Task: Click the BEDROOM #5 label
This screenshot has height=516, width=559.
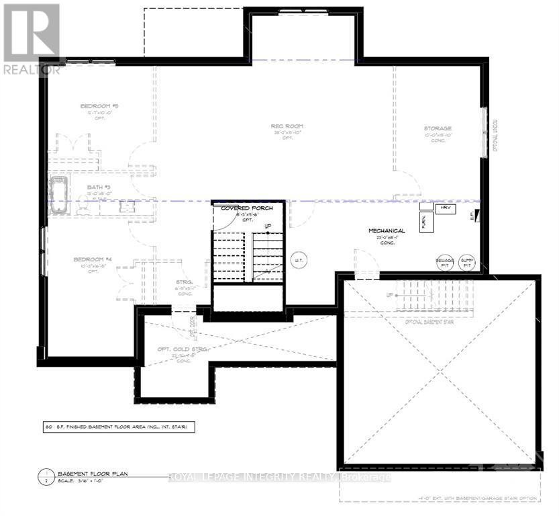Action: [x=99, y=106]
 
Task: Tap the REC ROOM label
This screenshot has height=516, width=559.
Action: [x=287, y=126]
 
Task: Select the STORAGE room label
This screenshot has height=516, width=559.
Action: [x=437, y=128]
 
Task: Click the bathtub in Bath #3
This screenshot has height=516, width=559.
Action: [x=59, y=196]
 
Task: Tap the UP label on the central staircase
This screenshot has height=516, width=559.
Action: [x=268, y=226]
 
